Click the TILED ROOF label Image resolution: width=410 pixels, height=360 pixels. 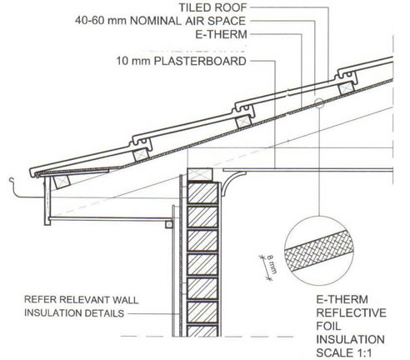(x=212, y=7)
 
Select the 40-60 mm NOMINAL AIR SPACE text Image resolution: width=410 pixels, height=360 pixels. (x=161, y=21)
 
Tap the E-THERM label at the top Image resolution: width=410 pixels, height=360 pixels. (x=221, y=34)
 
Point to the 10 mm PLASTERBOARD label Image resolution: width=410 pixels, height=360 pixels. (x=181, y=61)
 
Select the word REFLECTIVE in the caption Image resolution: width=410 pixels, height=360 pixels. (x=351, y=312)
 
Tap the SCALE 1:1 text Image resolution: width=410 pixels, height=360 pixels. (x=344, y=352)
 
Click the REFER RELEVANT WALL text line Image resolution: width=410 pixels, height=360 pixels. (x=81, y=300)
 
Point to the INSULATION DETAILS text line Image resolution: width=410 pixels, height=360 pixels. (x=74, y=313)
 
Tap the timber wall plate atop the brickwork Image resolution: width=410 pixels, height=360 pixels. (x=199, y=174)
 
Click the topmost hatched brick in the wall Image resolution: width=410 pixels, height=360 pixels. (x=202, y=193)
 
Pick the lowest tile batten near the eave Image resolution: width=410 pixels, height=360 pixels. (x=62, y=182)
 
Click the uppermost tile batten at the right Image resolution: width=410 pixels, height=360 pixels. (x=346, y=89)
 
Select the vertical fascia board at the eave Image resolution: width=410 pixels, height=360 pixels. (x=47, y=201)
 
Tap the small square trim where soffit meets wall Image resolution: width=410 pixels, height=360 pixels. (x=169, y=224)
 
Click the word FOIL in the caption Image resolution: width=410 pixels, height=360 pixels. (x=328, y=326)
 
